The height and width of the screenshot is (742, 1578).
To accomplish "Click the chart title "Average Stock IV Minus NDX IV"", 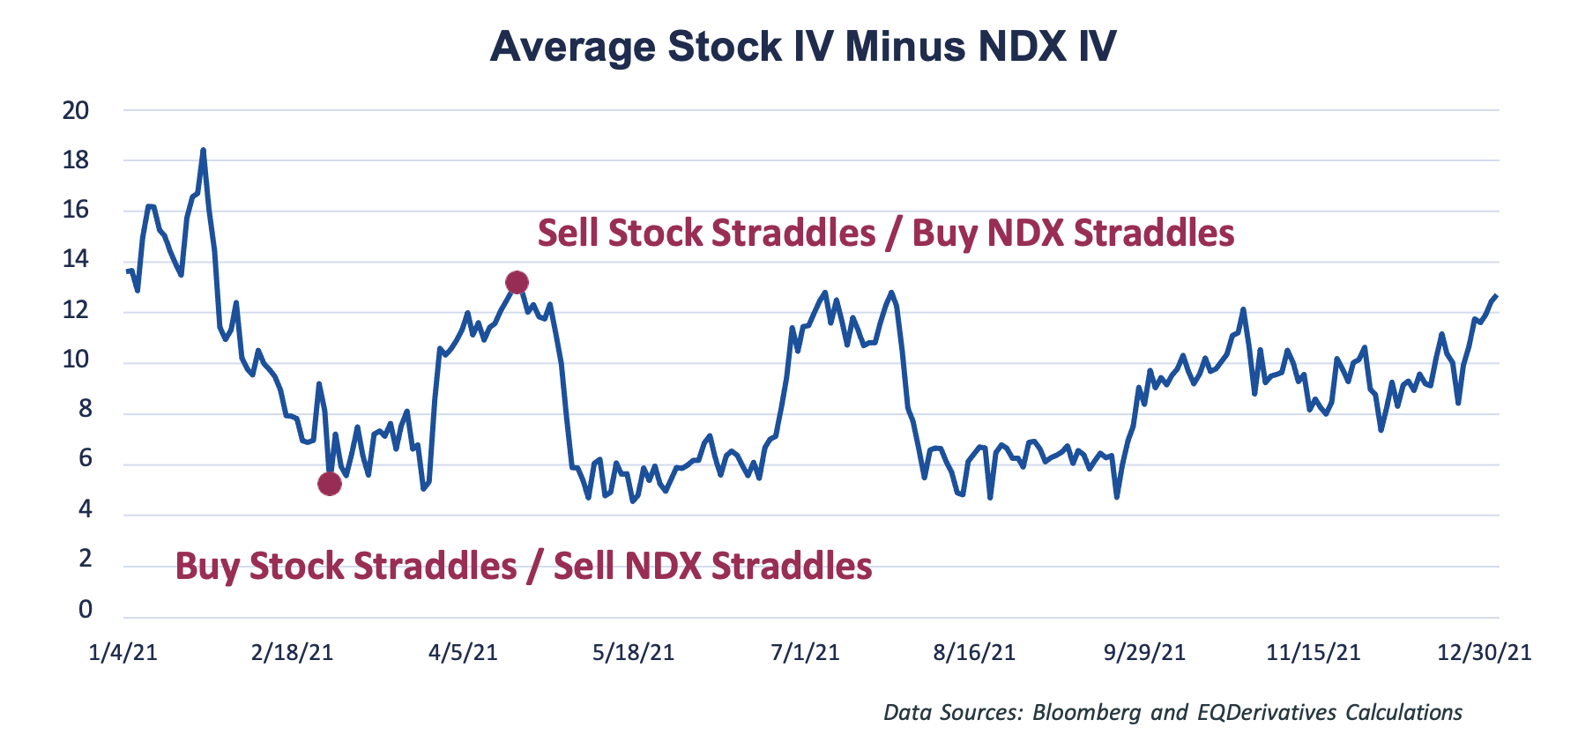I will click(802, 46).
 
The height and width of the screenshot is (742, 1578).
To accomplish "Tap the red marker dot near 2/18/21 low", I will click(329, 484).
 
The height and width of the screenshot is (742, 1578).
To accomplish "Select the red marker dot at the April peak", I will click(517, 282).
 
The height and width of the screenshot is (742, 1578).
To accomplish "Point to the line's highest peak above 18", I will click(203, 151).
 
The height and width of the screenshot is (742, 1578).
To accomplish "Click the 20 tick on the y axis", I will click(76, 110).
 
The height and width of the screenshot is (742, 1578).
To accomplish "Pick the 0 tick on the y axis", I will click(85, 609).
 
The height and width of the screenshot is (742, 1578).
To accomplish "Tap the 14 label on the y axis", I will click(76, 259).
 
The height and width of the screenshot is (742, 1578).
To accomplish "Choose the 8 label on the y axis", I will click(85, 409).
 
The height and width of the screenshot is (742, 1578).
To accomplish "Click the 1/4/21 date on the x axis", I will click(123, 653).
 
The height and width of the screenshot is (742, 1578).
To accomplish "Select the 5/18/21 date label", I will click(633, 653).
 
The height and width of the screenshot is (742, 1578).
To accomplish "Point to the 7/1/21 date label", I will click(804, 653).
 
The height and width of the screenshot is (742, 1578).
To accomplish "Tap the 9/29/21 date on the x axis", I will click(1144, 653).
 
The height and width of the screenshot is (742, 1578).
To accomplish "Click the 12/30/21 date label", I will click(1484, 653).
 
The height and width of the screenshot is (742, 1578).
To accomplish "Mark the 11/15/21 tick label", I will click(1313, 653).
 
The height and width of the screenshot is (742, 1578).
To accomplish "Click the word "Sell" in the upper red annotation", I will click(569, 234).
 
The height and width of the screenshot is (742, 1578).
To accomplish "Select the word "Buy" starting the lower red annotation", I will click(208, 566).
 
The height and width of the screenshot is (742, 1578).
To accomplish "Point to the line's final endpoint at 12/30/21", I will click(1496, 296).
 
